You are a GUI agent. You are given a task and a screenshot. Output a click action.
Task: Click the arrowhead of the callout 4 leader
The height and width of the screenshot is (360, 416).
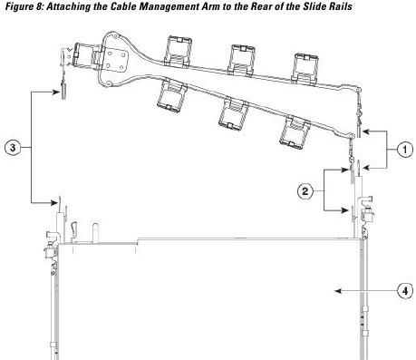tap(334, 291)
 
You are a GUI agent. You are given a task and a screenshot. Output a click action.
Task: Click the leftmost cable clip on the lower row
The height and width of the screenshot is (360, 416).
tap(169, 94)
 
